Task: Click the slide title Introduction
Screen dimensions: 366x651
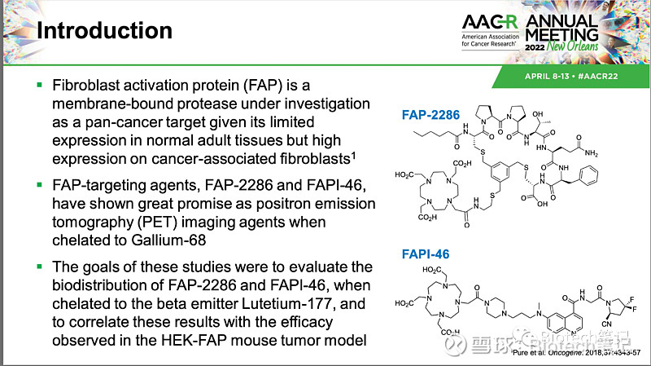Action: click(x=106, y=31)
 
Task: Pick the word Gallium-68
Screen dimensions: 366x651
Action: click(x=199, y=240)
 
